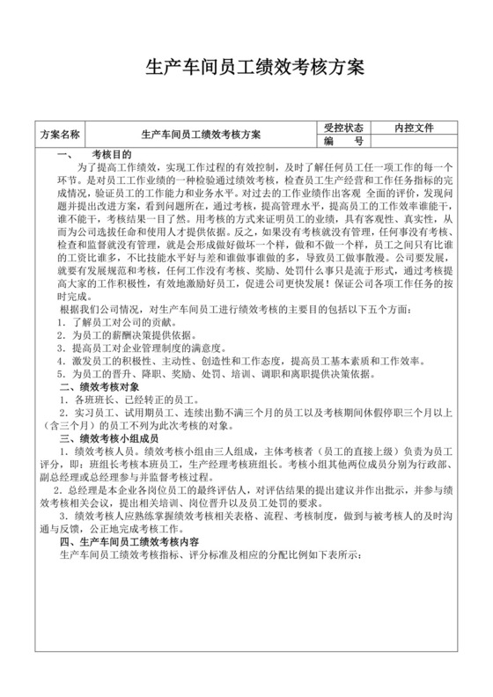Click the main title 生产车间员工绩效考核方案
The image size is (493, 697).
[x=246, y=68]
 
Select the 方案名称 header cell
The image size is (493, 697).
[x=61, y=135]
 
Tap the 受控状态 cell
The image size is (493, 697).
[x=342, y=128]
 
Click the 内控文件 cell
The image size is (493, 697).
[x=414, y=128]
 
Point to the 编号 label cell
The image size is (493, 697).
[x=342, y=141]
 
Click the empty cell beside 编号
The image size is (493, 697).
[x=414, y=141]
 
